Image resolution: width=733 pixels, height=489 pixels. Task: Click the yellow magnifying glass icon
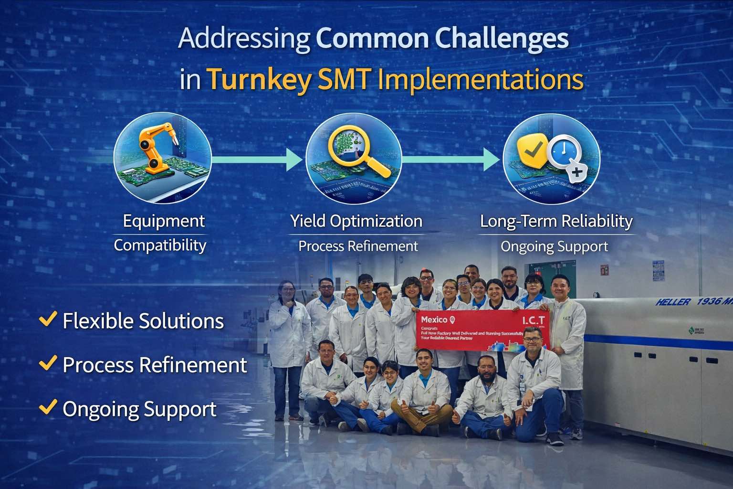click(356, 148)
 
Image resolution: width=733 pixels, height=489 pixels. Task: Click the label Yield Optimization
click(356, 221)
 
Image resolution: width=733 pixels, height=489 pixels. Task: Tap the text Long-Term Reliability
click(556, 221)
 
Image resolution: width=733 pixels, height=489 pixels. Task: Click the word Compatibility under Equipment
click(160, 245)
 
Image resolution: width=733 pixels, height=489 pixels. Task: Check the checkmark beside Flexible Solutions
click(48, 319)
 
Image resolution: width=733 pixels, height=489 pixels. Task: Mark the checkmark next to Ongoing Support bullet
click(48, 407)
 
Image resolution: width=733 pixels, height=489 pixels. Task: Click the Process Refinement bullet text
click(155, 365)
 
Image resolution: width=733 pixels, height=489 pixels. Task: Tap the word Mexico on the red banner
click(434, 319)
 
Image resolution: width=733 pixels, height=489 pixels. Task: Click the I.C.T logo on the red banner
click(533, 320)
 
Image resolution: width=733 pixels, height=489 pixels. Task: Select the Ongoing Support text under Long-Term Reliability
click(554, 247)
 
